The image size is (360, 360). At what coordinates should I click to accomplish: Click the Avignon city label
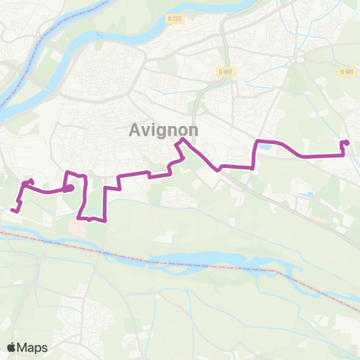tap(163, 130)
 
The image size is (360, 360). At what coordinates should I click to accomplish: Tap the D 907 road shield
tap(226, 71)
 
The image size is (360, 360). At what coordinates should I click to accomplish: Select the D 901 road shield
tap(346, 71)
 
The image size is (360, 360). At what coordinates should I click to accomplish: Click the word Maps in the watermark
tap(33, 347)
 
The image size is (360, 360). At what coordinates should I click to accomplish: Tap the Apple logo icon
tap(12, 346)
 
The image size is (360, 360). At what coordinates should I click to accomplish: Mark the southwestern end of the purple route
tap(14, 210)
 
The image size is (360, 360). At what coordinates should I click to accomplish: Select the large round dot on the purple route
tap(69, 188)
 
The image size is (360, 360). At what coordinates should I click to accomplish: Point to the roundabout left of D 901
tap(300, 58)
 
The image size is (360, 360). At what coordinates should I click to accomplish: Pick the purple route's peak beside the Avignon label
tap(180, 140)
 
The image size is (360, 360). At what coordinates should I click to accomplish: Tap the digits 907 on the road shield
tap(228, 71)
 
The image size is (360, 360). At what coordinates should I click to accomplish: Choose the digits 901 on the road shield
tap(349, 71)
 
